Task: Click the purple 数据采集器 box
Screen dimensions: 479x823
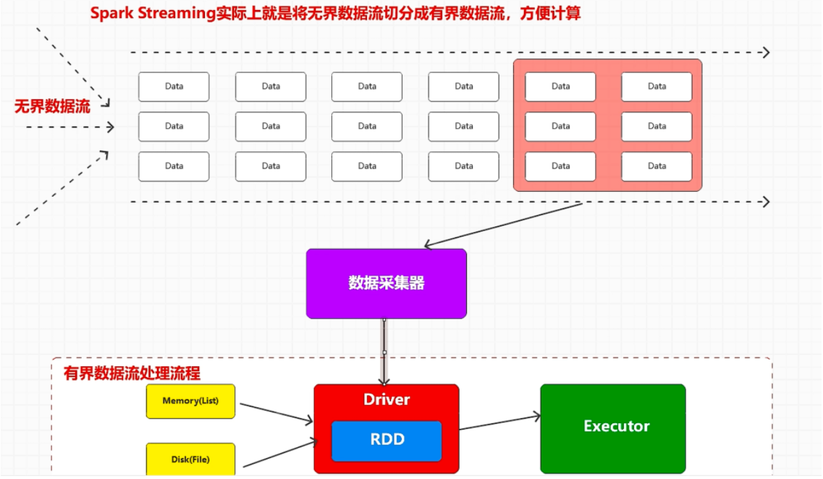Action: (x=386, y=283)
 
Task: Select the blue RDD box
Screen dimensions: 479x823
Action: (x=387, y=440)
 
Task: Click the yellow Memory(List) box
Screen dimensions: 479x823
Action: (x=190, y=401)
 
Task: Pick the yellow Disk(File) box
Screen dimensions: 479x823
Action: (x=190, y=459)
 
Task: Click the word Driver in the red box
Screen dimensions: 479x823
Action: (x=387, y=399)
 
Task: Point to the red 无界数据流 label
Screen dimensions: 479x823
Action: (x=52, y=107)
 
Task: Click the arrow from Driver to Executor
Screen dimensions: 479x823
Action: (x=499, y=422)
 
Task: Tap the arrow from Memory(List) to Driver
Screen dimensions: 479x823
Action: (x=276, y=412)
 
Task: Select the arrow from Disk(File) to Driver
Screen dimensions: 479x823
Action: (x=279, y=452)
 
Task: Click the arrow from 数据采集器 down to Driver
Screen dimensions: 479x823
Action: (x=385, y=352)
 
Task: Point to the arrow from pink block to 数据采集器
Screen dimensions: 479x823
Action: (x=502, y=225)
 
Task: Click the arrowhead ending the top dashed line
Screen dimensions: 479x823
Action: (x=765, y=52)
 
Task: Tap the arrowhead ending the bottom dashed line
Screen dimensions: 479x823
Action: (x=765, y=201)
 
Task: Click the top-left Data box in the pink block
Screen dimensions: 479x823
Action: (x=560, y=87)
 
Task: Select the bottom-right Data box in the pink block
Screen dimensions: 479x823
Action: (x=657, y=166)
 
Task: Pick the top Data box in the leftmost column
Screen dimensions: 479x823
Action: (x=174, y=87)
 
